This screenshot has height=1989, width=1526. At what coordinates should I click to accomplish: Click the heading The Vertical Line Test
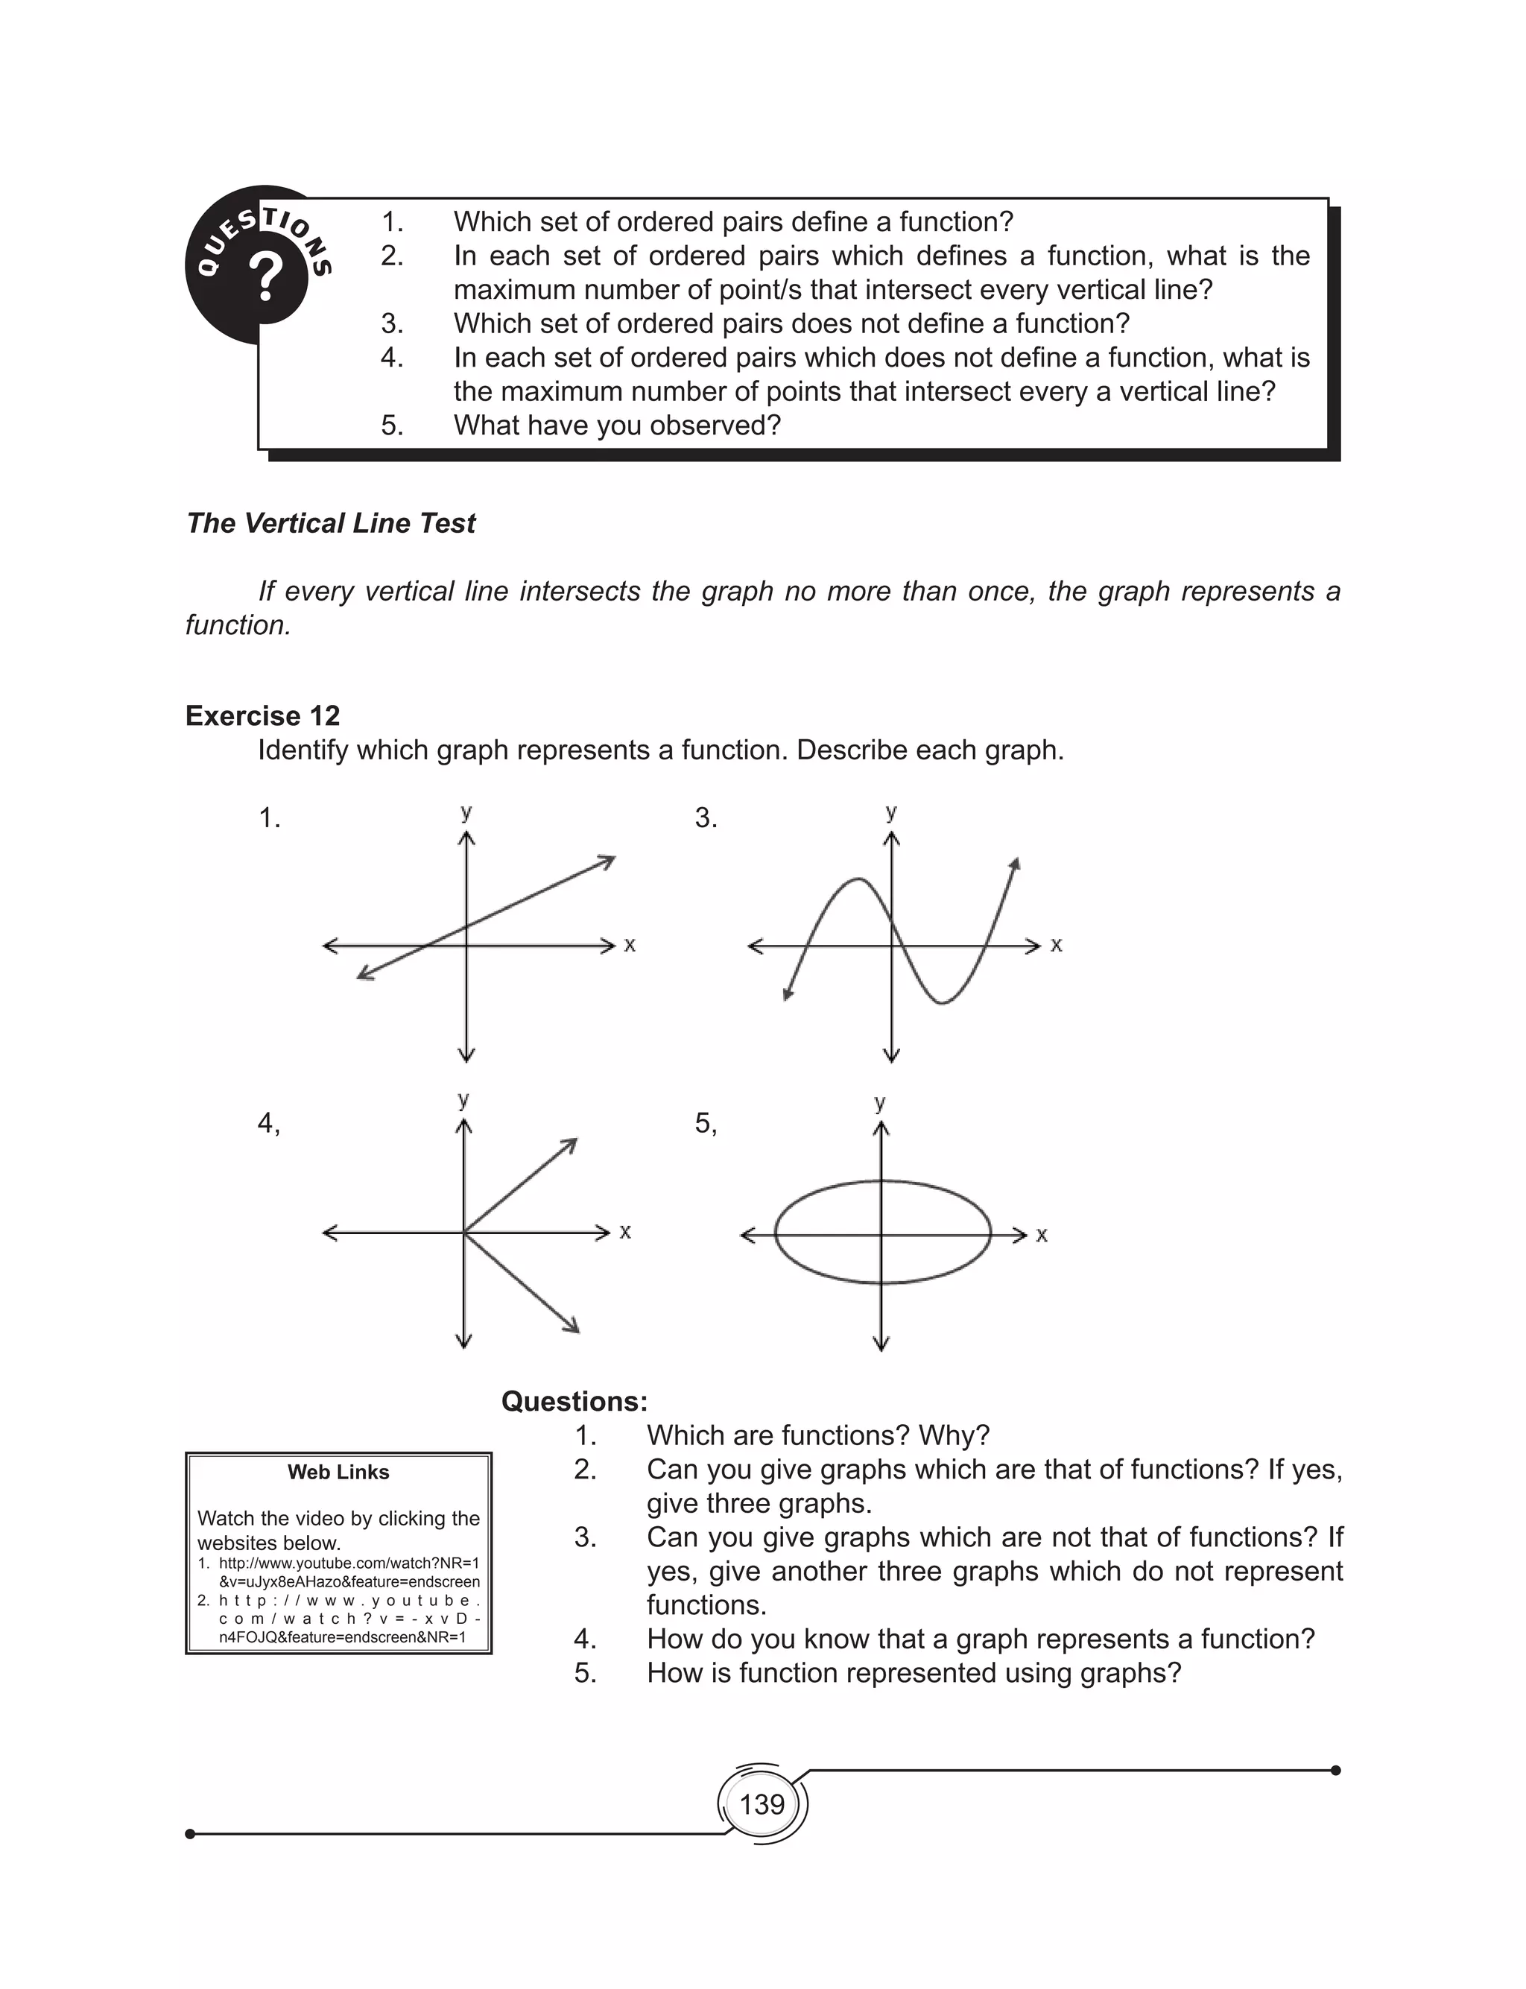point(331,523)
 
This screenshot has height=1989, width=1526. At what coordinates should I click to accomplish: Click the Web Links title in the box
point(338,1473)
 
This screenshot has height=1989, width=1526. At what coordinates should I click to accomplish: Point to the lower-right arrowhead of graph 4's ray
point(573,1328)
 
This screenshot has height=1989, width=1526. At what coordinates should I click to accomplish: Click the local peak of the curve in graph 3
point(857,879)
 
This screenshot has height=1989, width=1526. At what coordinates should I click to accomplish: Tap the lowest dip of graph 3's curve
point(941,1002)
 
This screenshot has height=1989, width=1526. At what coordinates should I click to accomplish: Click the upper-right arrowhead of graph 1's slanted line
point(609,859)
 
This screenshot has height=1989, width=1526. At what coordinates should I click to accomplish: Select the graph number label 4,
point(269,1124)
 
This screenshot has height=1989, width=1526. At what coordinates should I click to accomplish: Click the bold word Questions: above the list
point(574,1401)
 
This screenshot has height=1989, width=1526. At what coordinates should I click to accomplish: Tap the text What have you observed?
point(617,425)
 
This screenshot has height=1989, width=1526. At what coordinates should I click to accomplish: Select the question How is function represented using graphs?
point(913,1672)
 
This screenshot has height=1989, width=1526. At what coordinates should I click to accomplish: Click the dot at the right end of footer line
point(1335,1770)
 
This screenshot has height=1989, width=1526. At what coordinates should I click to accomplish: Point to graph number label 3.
point(706,818)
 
